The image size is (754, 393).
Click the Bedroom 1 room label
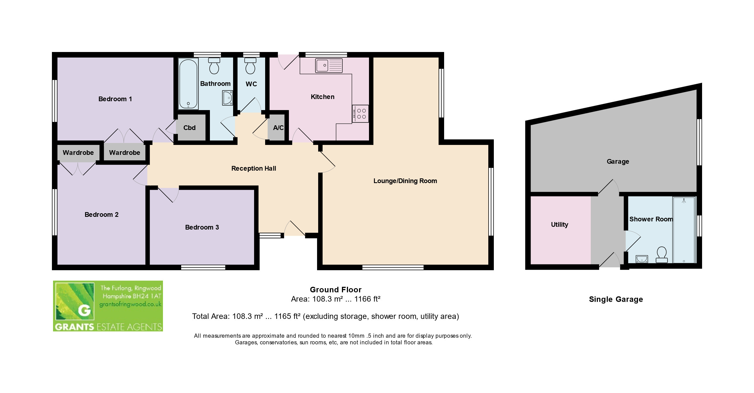click(115, 99)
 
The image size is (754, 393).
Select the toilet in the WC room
click(250, 66)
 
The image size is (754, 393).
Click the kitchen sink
click(329, 65)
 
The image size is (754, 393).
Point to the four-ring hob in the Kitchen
click(360, 114)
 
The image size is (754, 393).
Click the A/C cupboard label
click(278, 128)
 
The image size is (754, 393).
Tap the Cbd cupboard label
click(189, 128)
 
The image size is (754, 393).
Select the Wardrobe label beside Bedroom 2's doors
click(78, 153)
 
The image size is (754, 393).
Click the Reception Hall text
click(254, 168)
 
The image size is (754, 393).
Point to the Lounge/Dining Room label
click(405, 181)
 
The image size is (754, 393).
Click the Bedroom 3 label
click(202, 227)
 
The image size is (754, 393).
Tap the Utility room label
click(560, 225)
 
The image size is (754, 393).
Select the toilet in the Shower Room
click(662, 255)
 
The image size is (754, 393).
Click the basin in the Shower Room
click(642, 259)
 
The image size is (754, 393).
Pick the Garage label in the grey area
click(618, 162)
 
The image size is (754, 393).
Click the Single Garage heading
click(616, 299)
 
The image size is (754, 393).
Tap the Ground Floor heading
click(336, 290)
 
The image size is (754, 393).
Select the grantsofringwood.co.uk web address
click(131, 304)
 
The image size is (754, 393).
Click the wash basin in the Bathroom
click(227, 98)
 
